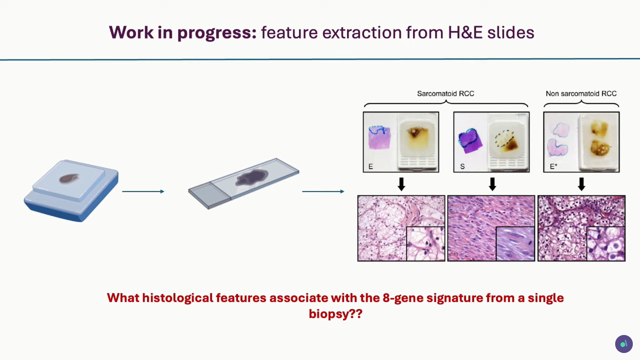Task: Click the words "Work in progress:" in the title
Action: [183, 33]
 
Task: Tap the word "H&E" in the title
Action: [465, 33]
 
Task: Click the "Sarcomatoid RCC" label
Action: [445, 94]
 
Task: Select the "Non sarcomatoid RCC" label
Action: [581, 94]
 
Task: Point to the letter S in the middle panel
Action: [462, 166]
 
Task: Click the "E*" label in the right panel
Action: [553, 166]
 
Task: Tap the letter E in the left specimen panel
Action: [371, 166]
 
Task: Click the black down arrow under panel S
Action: [492, 184]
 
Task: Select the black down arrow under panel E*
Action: [581, 184]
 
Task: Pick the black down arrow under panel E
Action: [401, 184]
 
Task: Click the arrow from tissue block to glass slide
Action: [143, 191]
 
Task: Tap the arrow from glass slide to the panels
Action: [323, 191]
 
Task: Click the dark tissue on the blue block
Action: [69, 178]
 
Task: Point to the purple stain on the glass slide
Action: [252, 177]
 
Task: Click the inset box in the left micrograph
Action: [425, 243]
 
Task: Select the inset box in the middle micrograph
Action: [515, 243]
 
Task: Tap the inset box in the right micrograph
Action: [606, 243]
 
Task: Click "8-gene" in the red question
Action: [403, 298]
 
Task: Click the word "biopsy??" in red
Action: [335, 314]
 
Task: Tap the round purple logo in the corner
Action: [624, 344]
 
